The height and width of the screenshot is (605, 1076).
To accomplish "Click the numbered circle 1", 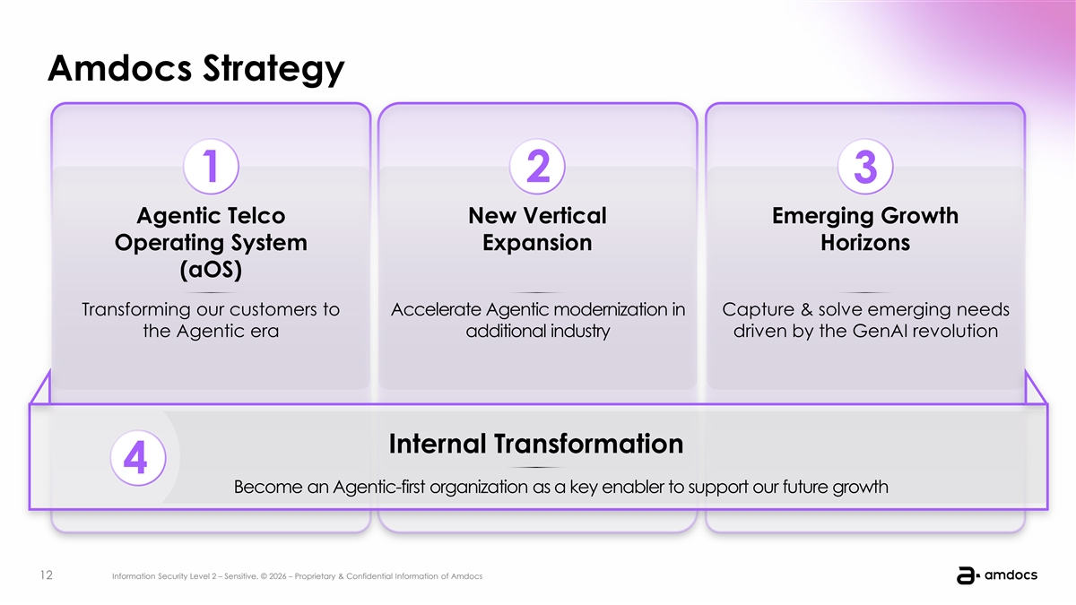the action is click(x=211, y=166).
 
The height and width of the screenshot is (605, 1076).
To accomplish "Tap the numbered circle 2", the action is click(x=537, y=166).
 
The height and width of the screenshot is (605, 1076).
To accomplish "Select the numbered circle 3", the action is click(x=865, y=166).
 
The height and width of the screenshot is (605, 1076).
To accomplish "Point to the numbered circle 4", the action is click(x=138, y=458).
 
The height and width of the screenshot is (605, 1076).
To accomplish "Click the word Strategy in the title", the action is click(x=273, y=69).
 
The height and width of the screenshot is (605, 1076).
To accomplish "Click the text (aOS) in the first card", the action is click(x=211, y=270).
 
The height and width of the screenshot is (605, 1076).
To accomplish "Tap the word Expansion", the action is click(x=537, y=243).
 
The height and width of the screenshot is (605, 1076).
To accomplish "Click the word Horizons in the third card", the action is click(x=865, y=243).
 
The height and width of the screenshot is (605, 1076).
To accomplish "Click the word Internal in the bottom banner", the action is click(x=437, y=444).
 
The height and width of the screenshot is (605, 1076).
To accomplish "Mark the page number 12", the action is click(x=47, y=575).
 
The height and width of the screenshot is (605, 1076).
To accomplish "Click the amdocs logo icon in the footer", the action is click(x=968, y=575).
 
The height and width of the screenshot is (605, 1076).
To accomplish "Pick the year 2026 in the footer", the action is click(x=278, y=576).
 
